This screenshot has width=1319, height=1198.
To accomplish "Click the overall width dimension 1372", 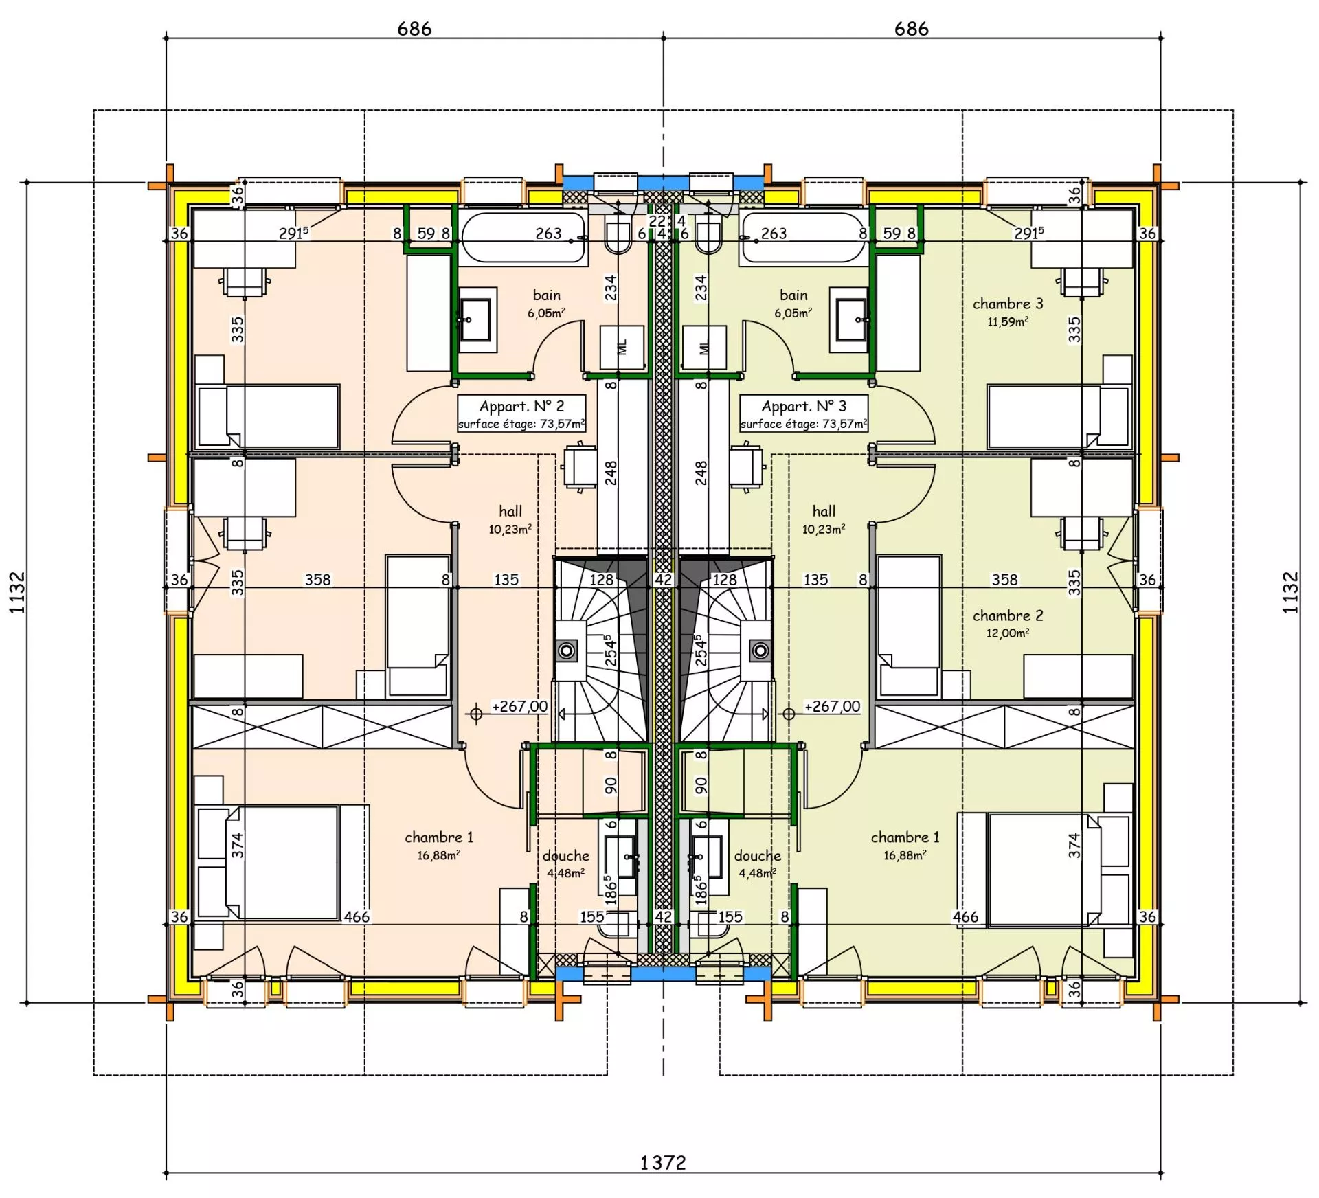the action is [x=663, y=1162].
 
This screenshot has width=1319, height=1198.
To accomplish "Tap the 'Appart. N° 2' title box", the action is [x=522, y=414].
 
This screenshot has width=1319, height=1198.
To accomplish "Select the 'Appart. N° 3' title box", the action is [x=804, y=414].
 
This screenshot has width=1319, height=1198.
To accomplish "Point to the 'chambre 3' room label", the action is [x=1008, y=304].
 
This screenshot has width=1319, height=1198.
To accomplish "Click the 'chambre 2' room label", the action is [x=1008, y=615].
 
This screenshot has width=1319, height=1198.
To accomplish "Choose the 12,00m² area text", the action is [x=1008, y=633].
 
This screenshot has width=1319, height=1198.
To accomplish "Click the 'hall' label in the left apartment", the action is [x=510, y=511].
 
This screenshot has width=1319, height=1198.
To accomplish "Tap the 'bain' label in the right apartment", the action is [x=793, y=295].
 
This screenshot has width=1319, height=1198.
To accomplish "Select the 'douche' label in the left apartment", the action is [x=566, y=856].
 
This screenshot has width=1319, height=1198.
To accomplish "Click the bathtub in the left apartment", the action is [x=524, y=238].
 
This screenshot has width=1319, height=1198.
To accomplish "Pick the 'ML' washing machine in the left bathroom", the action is [x=623, y=347].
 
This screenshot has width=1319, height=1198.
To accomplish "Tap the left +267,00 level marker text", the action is [x=519, y=706].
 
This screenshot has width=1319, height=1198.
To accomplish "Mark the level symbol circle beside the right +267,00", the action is [x=789, y=714].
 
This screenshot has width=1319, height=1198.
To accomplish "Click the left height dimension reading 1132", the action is [x=17, y=592].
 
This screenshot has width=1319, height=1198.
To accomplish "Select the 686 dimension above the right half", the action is [x=912, y=29].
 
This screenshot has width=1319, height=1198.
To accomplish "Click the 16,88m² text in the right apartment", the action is [x=905, y=855].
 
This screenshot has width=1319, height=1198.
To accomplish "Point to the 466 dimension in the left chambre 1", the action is [x=357, y=916].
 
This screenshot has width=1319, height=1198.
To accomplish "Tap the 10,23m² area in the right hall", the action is [x=824, y=529].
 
